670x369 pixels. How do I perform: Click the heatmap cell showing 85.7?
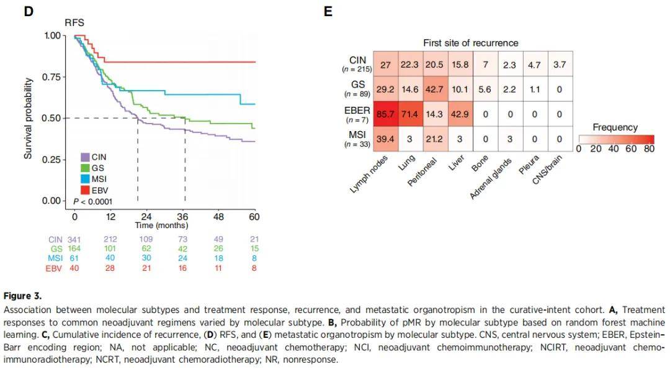[x=385, y=115]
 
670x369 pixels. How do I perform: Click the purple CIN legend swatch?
[x=85, y=157]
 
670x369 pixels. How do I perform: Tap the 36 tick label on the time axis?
[x=182, y=217]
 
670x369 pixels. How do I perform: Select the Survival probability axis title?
[x=29, y=118]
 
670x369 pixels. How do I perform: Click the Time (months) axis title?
[x=161, y=225]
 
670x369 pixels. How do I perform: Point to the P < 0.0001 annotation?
[x=93, y=202]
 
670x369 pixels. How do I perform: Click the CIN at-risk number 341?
[x=74, y=239]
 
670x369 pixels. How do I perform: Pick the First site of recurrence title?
[x=470, y=43]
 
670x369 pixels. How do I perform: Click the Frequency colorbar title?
[x=615, y=127]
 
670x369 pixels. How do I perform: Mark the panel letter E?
[x=328, y=11]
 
